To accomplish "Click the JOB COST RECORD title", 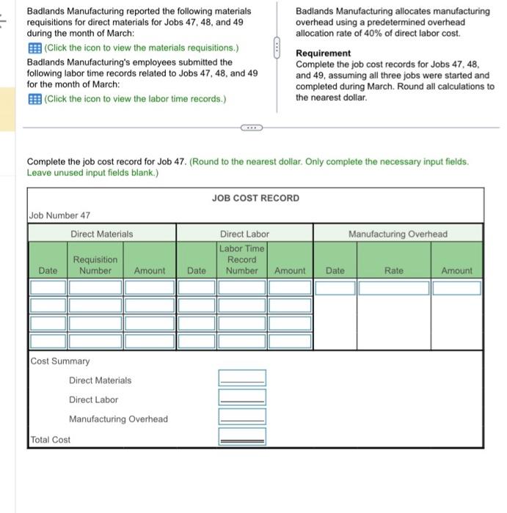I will coord(255,198).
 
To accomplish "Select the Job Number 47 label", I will coord(59,215).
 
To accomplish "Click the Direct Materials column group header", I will coord(102,234).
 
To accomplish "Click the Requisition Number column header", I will coord(95,265).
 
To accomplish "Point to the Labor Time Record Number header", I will coord(241,259).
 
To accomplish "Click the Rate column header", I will coord(393,270).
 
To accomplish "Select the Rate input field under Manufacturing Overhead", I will coord(393,288).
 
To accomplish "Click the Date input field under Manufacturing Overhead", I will coord(335,288).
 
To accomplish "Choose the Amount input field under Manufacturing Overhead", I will coord(456,288).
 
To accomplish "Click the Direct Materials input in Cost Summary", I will coord(242,378).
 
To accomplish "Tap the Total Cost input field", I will coord(242,437).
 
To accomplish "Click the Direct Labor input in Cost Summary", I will coord(242,397).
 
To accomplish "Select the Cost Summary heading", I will coord(60,361).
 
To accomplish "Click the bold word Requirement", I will coord(323,53).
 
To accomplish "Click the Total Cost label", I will coord(51,440).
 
